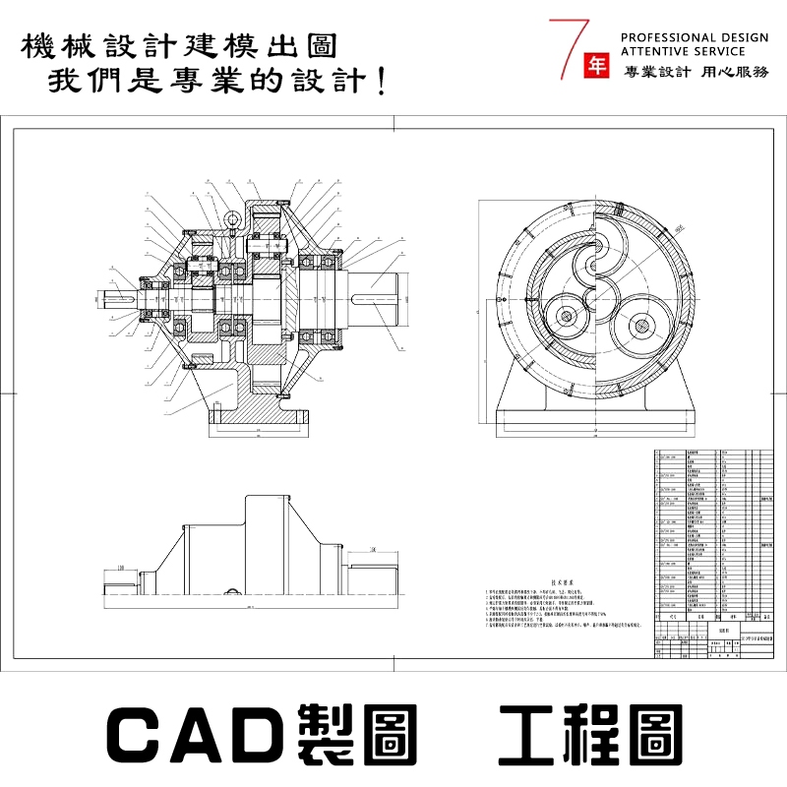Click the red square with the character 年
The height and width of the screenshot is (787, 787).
[596, 64]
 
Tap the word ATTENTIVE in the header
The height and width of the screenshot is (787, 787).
[655, 50]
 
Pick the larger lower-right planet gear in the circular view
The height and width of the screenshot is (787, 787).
[638, 324]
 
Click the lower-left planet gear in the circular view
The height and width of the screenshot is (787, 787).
[566, 315]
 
